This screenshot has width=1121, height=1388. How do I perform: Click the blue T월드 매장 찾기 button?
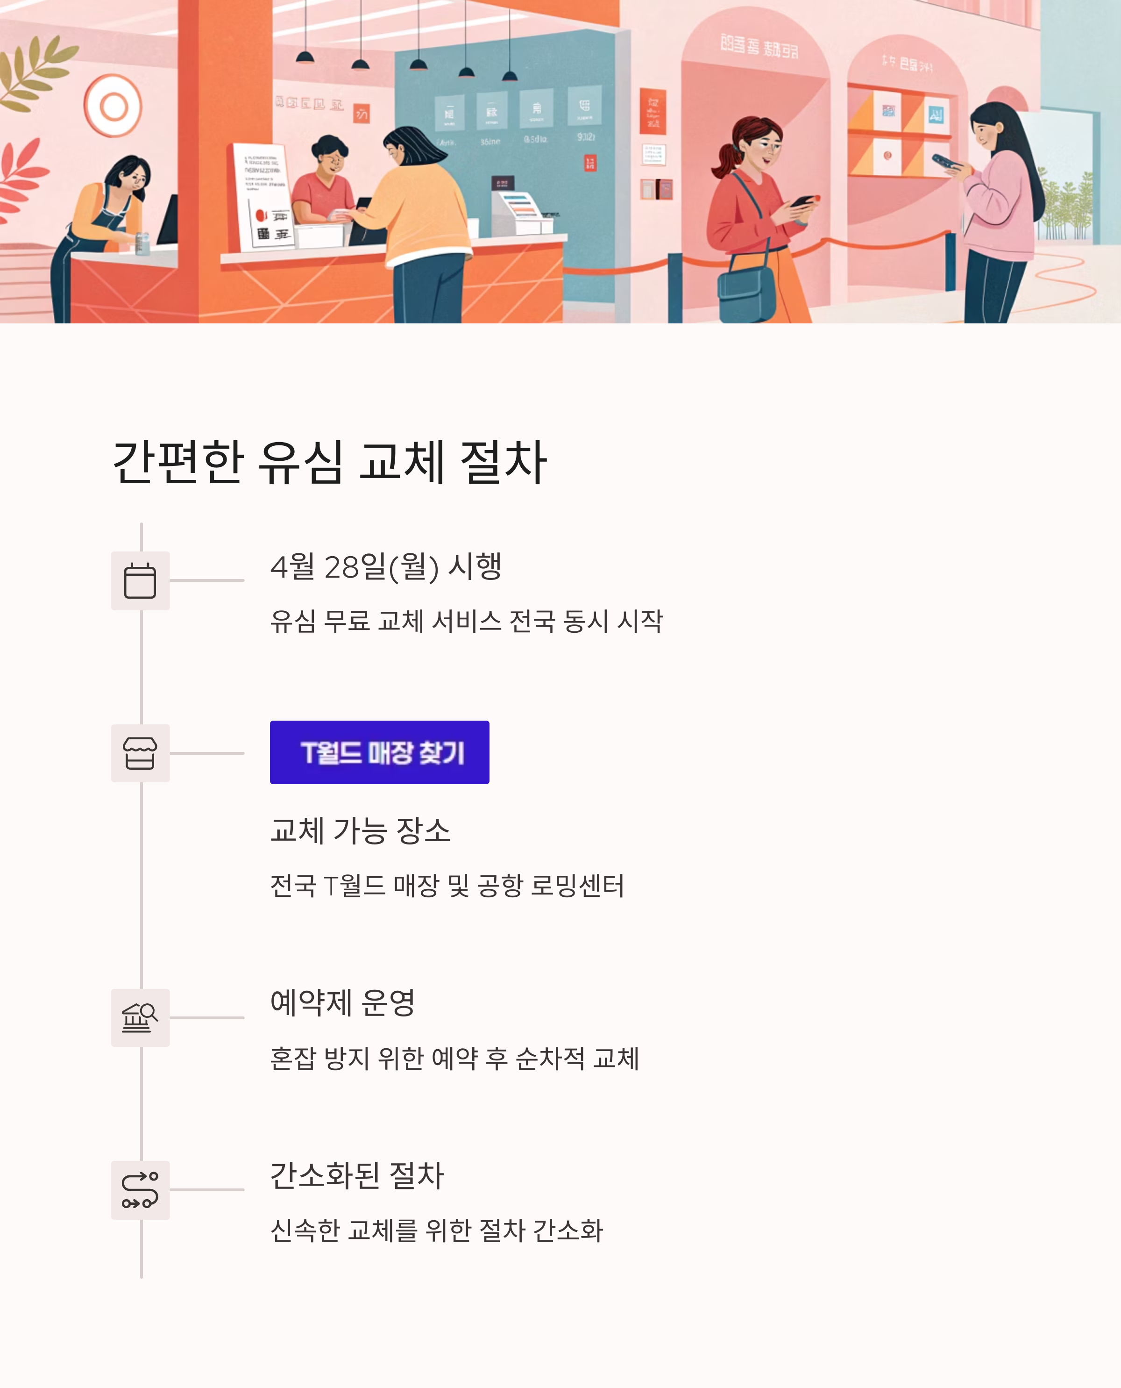pyautogui.click(x=379, y=752)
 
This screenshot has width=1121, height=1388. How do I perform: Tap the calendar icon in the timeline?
pyautogui.click(x=140, y=580)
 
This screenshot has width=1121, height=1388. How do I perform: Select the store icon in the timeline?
pyautogui.click(x=140, y=753)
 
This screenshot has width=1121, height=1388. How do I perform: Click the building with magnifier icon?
pyautogui.click(x=140, y=1018)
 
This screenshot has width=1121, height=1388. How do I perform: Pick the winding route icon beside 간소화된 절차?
pyautogui.click(x=140, y=1190)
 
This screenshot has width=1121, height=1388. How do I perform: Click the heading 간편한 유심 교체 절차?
pyautogui.click(x=329, y=463)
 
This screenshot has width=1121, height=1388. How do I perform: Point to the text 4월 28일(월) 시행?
pyautogui.click(x=385, y=567)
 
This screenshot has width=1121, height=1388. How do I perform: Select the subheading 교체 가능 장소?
pyautogui.click(x=360, y=830)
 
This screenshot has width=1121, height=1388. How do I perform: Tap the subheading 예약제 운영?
pyautogui.click(x=342, y=1003)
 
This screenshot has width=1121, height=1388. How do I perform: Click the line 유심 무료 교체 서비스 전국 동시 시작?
pyautogui.click(x=466, y=621)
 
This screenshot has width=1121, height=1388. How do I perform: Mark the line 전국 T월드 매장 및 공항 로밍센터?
pyautogui.click(x=447, y=885)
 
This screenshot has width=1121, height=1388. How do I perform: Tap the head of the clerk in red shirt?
pyautogui.click(x=331, y=154)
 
